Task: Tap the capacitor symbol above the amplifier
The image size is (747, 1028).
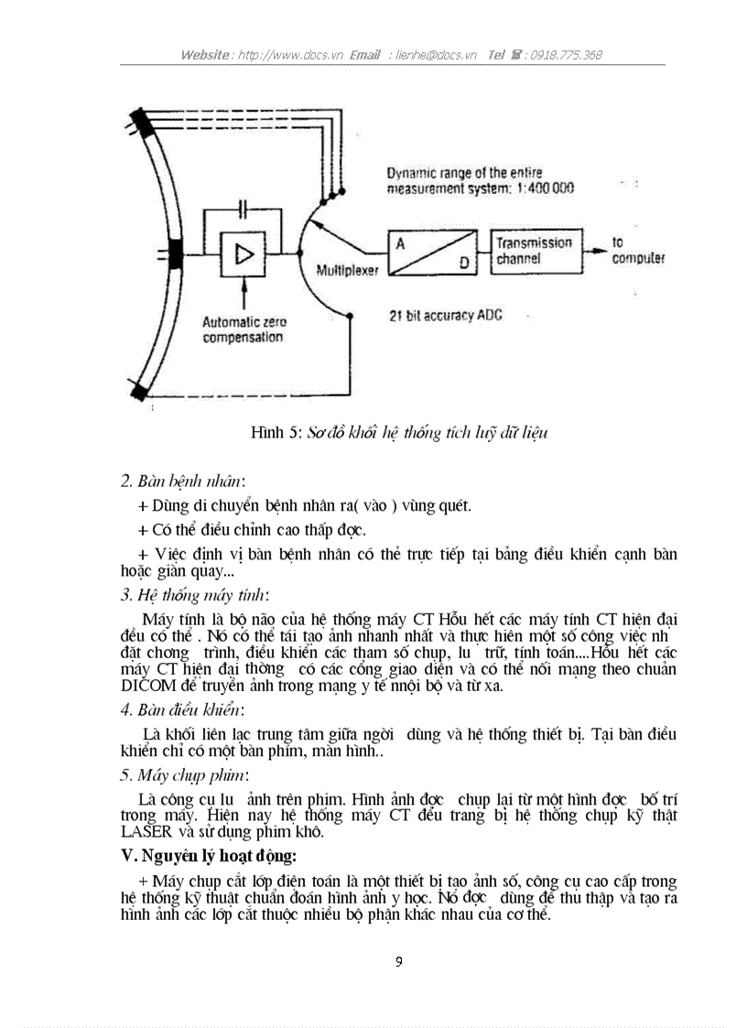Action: click(243, 210)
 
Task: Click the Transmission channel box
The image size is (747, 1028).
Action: click(534, 251)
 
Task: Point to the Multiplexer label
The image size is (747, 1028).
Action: click(347, 271)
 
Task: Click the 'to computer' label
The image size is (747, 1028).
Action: click(637, 251)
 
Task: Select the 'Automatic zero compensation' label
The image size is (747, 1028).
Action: click(244, 330)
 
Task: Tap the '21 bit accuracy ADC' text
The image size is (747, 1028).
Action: click(446, 315)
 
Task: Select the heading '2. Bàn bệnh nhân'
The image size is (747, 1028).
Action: click(183, 481)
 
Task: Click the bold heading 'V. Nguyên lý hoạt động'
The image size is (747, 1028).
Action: click(208, 857)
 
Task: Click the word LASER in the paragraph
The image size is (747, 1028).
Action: click(146, 832)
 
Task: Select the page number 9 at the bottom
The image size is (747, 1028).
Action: click(398, 961)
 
